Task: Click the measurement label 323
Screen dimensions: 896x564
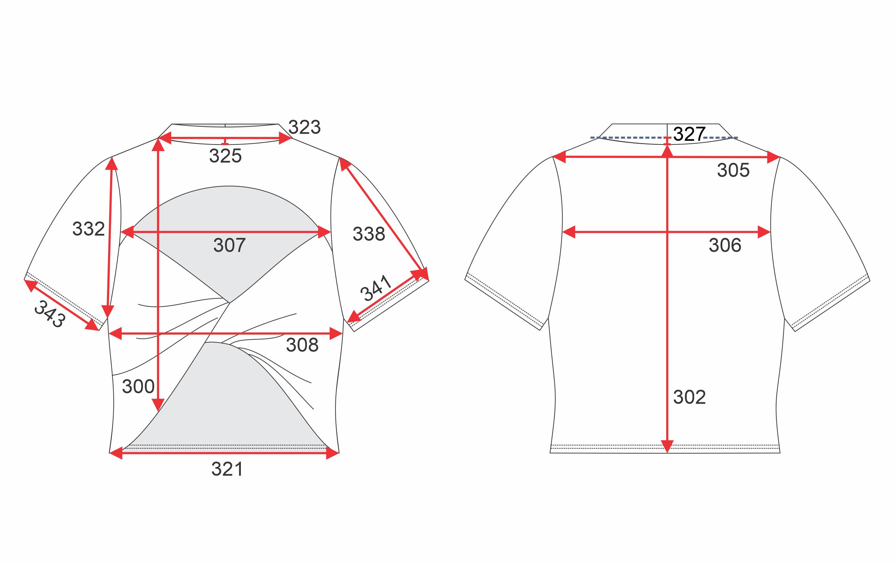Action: [x=305, y=127]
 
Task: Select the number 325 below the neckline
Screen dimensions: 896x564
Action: [x=225, y=155]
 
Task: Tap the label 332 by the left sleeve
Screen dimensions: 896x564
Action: [x=88, y=229]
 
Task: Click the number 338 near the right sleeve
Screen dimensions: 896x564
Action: [x=369, y=234]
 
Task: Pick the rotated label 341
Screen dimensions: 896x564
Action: [x=376, y=288]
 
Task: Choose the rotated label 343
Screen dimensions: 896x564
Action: [x=50, y=314]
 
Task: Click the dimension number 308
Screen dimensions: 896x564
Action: [x=302, y=345]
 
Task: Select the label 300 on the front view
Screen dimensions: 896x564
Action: [x=138, y=387]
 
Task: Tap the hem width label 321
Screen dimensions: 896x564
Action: [x=227, y=469]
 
